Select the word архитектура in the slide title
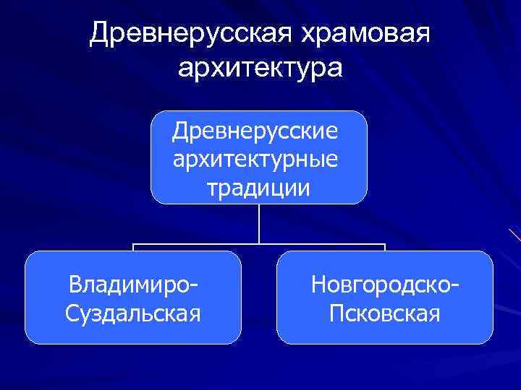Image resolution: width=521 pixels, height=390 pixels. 260,69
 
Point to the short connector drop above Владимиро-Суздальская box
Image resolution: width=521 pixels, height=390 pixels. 134,248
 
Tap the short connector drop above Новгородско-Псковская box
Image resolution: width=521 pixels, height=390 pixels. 385,248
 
